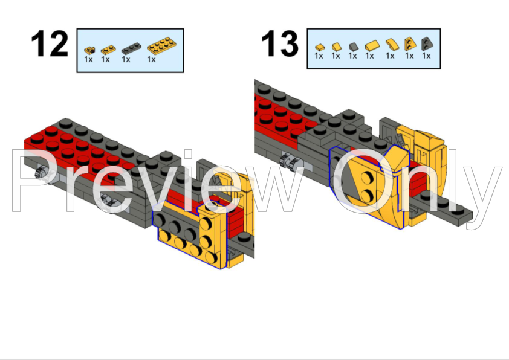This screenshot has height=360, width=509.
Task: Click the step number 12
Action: point(50,43)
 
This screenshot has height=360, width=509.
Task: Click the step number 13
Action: point(280,43)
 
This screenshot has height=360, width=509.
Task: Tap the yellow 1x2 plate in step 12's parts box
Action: point(108,50)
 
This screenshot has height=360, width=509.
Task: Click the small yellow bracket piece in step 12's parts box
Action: point(89,50)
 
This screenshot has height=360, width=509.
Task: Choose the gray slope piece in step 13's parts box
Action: point(354,47)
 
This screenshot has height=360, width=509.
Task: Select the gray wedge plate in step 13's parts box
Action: point(426,43)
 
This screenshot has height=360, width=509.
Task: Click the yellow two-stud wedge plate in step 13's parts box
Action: point(410,43)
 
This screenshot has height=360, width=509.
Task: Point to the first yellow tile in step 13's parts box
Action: point(320,48)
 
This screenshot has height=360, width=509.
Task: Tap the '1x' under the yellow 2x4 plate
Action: point(151,59)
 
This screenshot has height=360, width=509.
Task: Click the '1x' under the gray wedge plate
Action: point(426,56)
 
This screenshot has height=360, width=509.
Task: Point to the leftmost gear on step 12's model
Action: point(41,172)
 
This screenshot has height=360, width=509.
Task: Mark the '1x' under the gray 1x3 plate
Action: point(126,59)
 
